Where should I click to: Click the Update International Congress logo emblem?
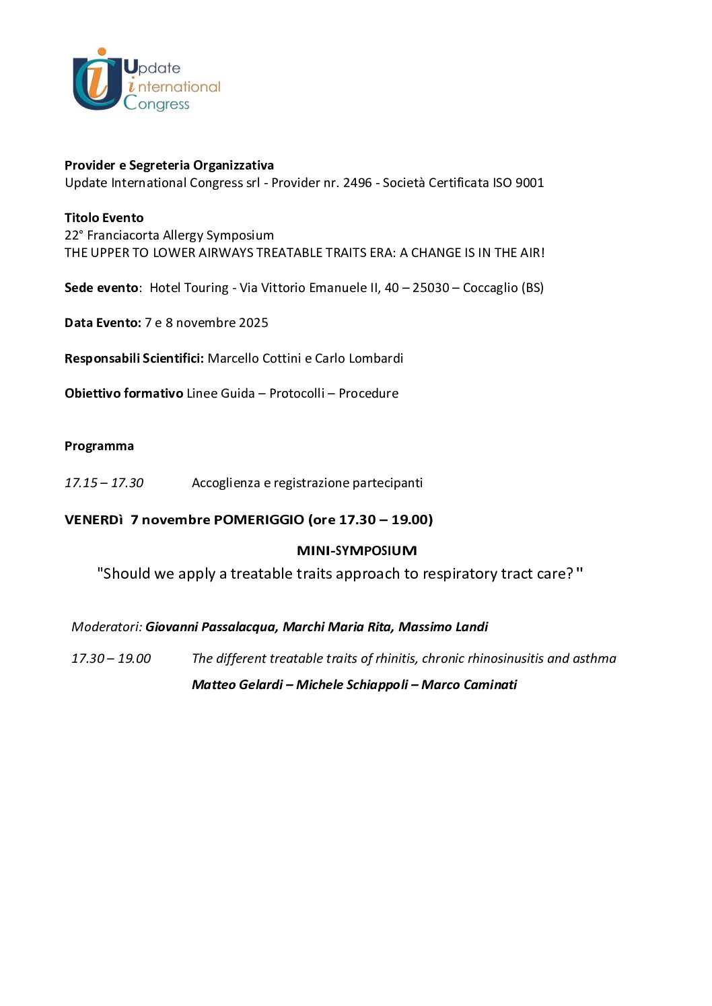(x=97, y=79)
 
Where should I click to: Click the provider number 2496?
(x=357, y=183)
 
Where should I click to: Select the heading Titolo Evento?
(x=104, y=218)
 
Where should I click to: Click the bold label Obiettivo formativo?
(x=124, y=394)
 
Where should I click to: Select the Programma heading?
(x=99, y=446)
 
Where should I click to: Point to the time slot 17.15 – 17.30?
(x=104, y=483)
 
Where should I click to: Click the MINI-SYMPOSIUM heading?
(x=357, y=551)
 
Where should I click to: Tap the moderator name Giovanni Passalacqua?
(x=211, y=627)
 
